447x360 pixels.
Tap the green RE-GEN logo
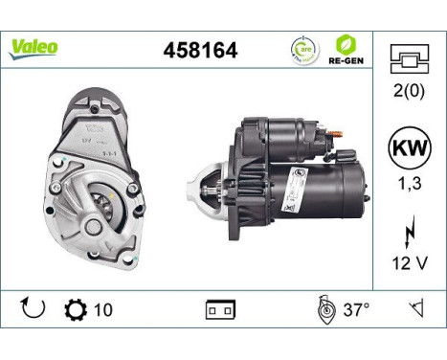click(x=347, y=49)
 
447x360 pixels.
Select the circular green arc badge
click(x=304, y=49)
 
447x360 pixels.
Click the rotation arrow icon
click(x=32, y=309)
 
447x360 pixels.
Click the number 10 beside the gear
click(x=104, y=310)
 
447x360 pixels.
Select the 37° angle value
click(x=355, y=310)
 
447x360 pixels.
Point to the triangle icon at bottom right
click(x=417, y=309)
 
